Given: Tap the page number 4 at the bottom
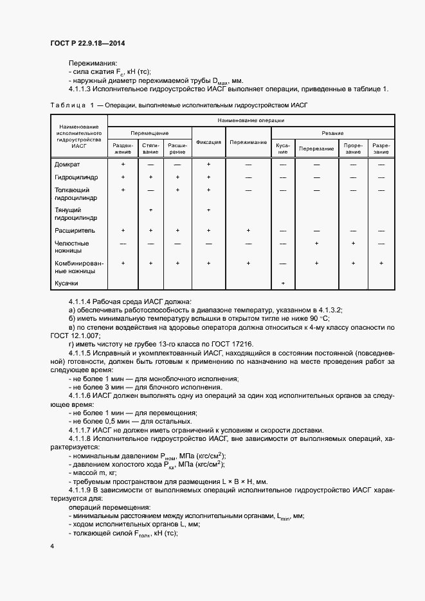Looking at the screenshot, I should click(x=51, y=546).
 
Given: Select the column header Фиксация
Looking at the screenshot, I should click(x=209, y=143).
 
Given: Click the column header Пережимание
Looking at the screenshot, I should click(x=248, y=143).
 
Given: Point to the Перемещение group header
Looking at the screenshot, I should click(x=150, y=132).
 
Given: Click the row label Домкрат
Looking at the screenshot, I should click(x=68, y=165).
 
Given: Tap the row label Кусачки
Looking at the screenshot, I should click(x=67, y=283).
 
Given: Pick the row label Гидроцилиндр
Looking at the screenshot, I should click(x=75, y=177).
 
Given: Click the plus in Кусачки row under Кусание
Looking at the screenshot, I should click(x=283, y=283).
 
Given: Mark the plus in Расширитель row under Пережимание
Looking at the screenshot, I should click(x=248, y=229).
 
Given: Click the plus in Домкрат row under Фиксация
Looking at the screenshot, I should click(x=209, y=165).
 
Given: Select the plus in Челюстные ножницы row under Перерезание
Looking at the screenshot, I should click(x=316, y=244).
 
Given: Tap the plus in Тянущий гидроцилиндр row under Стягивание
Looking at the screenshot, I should click(x=150, y=210).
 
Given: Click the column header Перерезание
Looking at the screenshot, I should click(x=316, y=149).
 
